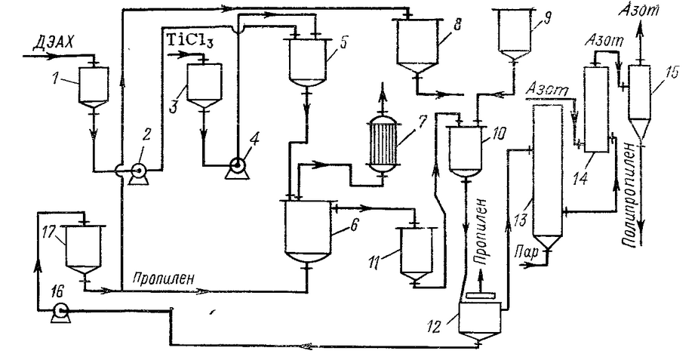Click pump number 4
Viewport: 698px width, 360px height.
pyautogui.click(x=236, y=167)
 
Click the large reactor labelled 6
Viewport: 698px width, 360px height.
pyautogui.click(x=305, y=230)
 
